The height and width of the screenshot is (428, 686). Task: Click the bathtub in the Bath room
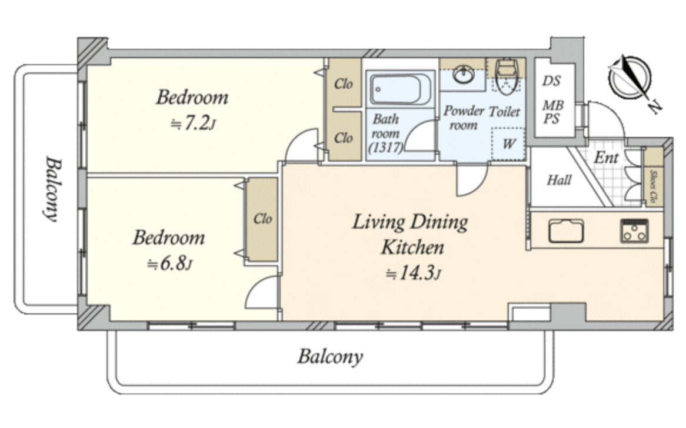click(x=401, y=89)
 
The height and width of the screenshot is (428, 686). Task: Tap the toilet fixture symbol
click(x=506, y=78)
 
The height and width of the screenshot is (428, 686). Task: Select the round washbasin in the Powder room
click(x=463, y=75)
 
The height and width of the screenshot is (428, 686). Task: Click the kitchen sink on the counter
click(x=566, y=231)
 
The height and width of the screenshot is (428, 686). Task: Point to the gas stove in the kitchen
click(x=634, y=231)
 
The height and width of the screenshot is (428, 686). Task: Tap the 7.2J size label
click(x=193, y=123)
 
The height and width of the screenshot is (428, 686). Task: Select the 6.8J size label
click(x=170, y=263)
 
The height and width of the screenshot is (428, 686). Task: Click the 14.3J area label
click(x=413, y=273)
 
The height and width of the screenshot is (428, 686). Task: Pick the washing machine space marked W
click(x=508, y=144)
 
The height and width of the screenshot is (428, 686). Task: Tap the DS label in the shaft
click(x=552, y=81)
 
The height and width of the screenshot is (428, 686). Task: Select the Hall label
click(x=559, y=180)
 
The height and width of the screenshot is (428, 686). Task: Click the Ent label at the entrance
click(x=607, y=158)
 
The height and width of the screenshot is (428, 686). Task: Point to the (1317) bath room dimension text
click(x=385, y=148)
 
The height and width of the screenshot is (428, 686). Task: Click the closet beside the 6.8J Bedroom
click(x=262, y=219)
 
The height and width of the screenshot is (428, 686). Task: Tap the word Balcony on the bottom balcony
click(x=330, y=356)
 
